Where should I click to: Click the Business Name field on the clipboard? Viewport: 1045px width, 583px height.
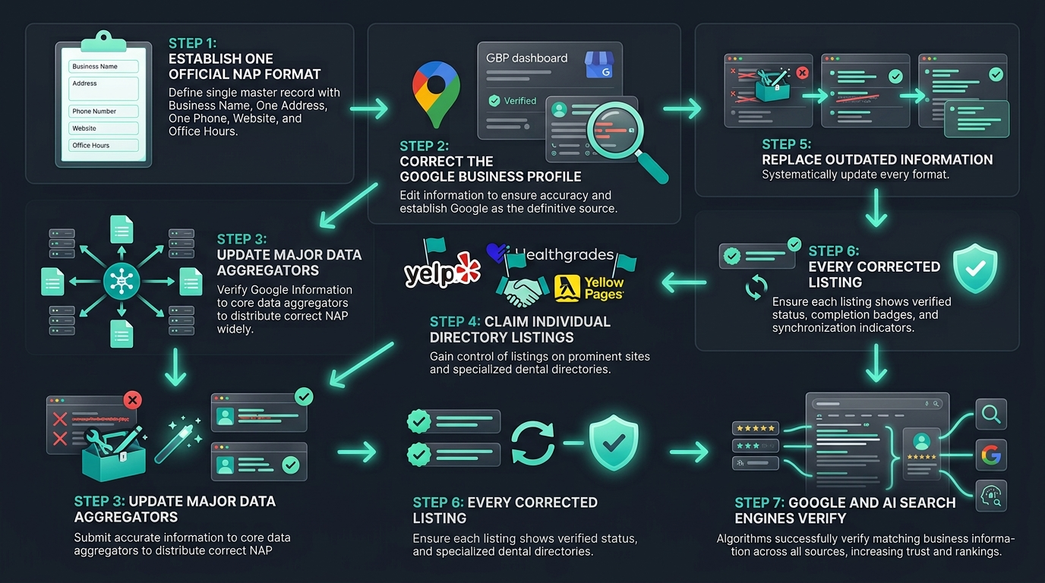pos(103,66)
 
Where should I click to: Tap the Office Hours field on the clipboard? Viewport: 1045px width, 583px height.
pos(103,145)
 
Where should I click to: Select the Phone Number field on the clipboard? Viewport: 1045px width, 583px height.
pos(103,111)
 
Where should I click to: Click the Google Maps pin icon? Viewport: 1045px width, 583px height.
pos(436,94)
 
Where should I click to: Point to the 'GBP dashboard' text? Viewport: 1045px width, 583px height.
pos(527,58)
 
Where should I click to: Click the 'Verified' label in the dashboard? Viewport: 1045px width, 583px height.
pos(519,101)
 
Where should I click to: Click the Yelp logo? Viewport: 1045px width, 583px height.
pos(442,270)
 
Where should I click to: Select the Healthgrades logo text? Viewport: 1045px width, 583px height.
pos(564,254)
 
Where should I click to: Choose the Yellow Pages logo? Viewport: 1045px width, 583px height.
pos(589,288)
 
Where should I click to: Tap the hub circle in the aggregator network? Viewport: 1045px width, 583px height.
pos(122,281)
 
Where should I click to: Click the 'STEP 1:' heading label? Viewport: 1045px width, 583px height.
pos(192,43)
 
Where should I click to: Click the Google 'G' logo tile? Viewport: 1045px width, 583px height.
pos(991,455)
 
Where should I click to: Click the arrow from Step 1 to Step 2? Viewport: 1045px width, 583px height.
pos(369,109)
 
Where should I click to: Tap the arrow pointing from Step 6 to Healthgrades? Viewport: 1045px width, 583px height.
pos(684,282)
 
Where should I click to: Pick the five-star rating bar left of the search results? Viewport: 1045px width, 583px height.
pos(756,428)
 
